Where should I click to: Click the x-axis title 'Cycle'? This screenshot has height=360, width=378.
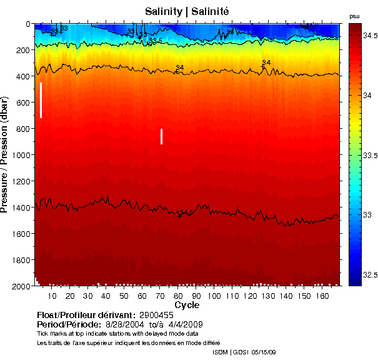(x=187, y=305)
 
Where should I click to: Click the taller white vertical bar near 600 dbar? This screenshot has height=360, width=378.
(x=41, y=100)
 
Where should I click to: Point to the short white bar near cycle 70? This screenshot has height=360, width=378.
(x=161, y=136)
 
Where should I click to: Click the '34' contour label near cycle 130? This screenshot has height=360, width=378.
(x=267, y=62)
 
